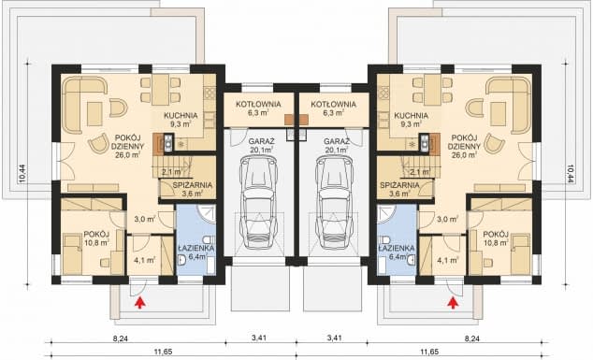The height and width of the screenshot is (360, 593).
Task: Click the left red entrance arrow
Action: (140, 303)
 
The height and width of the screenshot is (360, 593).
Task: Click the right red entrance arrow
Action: (452, 303)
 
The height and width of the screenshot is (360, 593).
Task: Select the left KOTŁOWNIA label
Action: (259, 104)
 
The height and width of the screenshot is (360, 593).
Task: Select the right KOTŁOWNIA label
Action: (333, 104)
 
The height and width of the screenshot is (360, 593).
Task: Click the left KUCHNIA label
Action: (181, 115)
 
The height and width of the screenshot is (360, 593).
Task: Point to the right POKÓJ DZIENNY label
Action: (464, 142)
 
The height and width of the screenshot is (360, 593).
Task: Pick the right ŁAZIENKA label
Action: (396, 248)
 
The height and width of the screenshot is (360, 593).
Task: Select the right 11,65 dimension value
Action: (429, 353)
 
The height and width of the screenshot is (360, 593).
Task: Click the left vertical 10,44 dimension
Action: (22, 174)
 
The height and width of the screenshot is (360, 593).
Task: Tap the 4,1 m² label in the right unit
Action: (448, 261)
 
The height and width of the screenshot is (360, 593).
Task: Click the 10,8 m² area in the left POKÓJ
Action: (96, 242)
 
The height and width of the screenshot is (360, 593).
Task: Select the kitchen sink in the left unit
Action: (167, 143)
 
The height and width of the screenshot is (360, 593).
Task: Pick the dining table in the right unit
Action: (433, 90)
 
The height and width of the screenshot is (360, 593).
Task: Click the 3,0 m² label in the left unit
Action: (145, 219)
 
